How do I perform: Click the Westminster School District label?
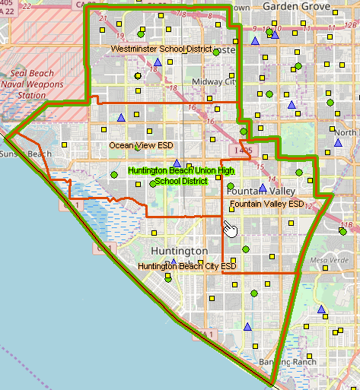tap(161, 49)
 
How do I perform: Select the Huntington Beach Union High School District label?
tap(180, 176)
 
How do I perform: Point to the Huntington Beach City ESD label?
tap(186, 266)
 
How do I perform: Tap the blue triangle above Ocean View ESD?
tap(120, 117)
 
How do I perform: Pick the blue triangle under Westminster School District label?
tap(158, 62)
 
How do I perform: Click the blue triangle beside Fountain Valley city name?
tap(263, 188)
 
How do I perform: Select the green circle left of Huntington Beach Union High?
tap(114, 175)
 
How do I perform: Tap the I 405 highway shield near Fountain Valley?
tap(243, 151)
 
